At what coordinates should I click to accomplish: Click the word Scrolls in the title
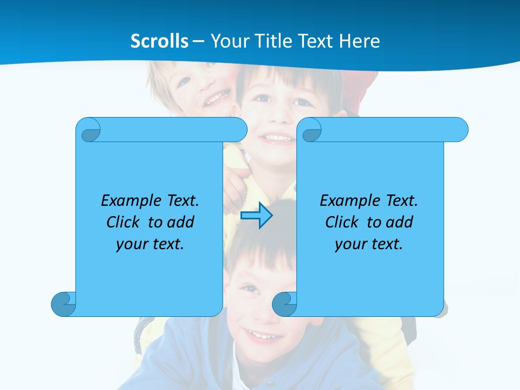coord(160,41)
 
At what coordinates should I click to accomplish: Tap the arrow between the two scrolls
coord(256,216)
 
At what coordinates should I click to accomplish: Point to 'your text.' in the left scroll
coord(150,244)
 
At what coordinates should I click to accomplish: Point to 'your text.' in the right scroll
coord(369,244)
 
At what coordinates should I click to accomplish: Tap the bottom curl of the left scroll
coord(63,304)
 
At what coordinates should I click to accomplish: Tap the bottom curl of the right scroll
coord(284,304)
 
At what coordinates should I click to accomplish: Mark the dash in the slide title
coord(198,41)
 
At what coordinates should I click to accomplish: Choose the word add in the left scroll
coord(180,222)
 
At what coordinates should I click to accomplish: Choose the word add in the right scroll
coord(399,222)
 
